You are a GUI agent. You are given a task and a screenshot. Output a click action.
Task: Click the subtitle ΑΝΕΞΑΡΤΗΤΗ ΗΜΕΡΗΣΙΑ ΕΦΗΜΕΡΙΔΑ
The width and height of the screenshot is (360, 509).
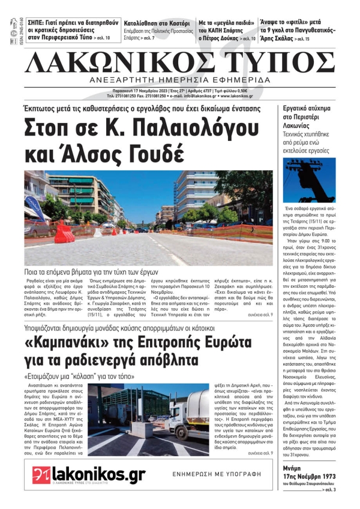(x=180, y=80)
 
